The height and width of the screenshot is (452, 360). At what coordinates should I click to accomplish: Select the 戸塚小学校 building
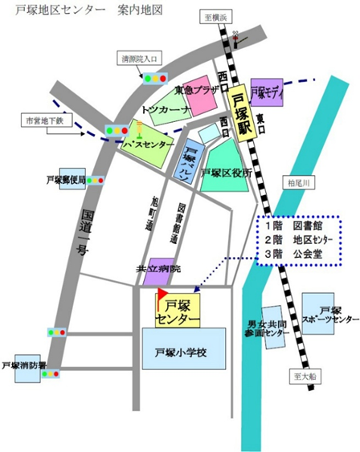pyautogui.click(x=181, y=352)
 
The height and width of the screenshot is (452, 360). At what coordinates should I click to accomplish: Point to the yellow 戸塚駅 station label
pyautogui.click(x=237, y=112)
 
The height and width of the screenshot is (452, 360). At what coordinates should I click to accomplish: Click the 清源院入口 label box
pyautogui.click(x=141, y=59)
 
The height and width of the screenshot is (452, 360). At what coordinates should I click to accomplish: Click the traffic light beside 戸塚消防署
pyautogui.click(x=51, y=373)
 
